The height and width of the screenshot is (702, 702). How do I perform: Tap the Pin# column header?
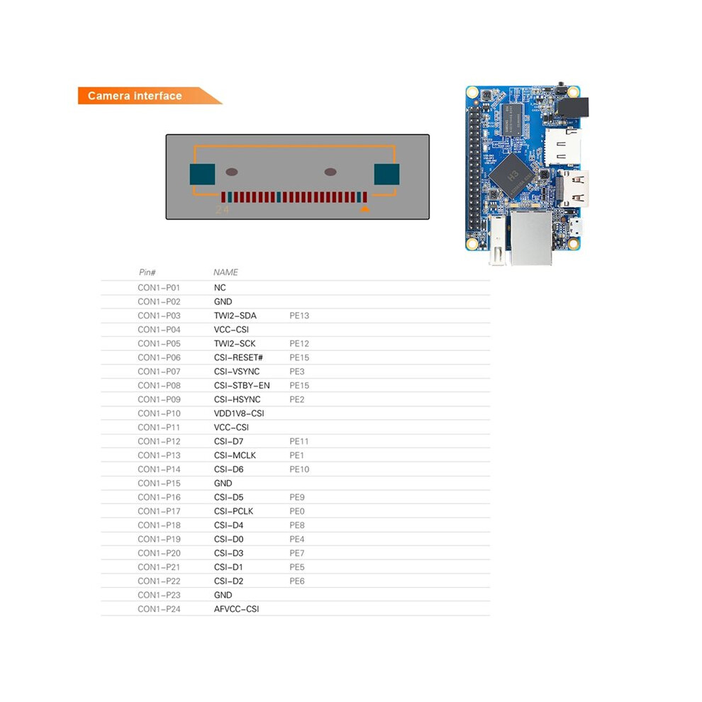click(147, 272)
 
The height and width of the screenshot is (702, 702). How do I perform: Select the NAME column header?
click(225, 272)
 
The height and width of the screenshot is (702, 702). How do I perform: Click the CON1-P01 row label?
click(159, 287)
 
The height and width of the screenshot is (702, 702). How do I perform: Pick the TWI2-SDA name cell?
click(235, 316)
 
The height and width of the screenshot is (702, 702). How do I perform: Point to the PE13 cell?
click(299, 316)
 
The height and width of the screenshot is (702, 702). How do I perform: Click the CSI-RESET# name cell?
click(238, 357)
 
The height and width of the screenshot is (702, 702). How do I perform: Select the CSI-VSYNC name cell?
click(237, 372)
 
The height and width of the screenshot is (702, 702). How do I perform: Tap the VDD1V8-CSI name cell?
click(239, 413)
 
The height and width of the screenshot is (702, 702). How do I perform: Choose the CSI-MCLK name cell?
click(235, 455)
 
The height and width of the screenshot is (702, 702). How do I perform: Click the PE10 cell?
click(299, 469)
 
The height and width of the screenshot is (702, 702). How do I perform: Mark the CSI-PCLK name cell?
click(234, 511)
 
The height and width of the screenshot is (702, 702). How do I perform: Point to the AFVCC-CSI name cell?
click(236, 609)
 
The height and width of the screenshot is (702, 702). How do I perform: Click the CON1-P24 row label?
click(159, 609)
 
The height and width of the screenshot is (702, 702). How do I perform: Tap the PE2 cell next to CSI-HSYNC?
click(297, 399)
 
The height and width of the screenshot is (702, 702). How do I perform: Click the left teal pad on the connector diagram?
click(202, 174)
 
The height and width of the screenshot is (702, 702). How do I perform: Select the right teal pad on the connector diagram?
click(387, 174)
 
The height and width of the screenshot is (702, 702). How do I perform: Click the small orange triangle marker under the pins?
click(365, 208)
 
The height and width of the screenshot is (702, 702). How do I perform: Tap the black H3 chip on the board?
click(511, 176)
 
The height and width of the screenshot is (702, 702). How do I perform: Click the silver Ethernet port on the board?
click(531, 238)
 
